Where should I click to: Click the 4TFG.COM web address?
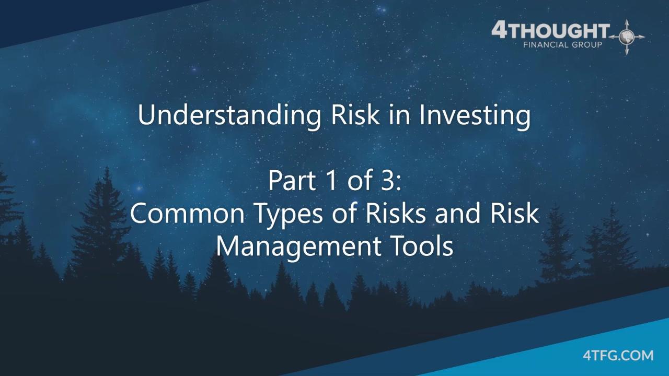pos(618,356)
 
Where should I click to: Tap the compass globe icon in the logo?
pos(627,37)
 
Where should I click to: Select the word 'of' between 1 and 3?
pos(356,181)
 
